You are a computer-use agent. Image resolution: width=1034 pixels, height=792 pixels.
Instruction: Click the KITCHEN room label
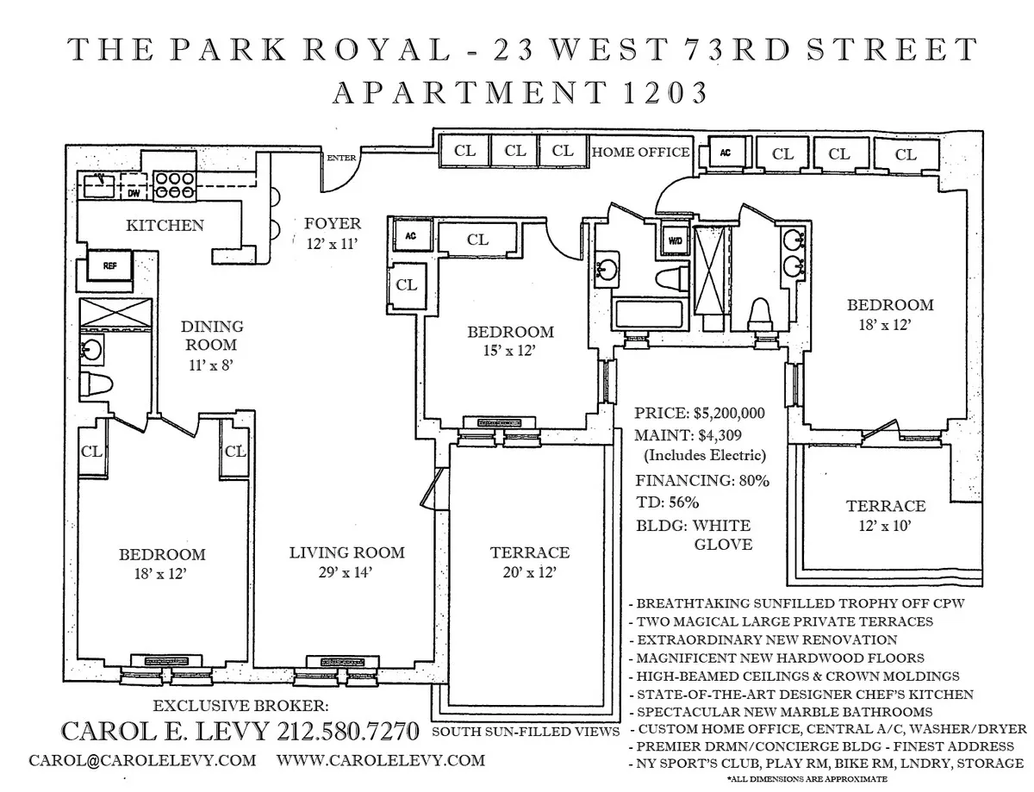pyautogui.click(x=165, y=226)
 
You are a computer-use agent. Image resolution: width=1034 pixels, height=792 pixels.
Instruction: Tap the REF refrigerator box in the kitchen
pyautogui.click(x=109, y=266)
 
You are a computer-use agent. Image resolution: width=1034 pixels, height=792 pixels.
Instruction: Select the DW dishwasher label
pyautogui.click(x=133, y=195)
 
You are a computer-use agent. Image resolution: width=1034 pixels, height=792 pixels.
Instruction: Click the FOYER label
pyautogui.click(x=333, y=224)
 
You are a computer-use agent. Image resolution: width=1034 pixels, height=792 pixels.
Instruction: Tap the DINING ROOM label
pyautogui.click(x=212, y=336)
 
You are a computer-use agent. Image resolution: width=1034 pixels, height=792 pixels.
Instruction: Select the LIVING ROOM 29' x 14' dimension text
pyautogui.click(x=346, y=571)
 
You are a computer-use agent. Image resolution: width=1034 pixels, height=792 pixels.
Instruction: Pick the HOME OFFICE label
pyautogui.click(x=640, y=153)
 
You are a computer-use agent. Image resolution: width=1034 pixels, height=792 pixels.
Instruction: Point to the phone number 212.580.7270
pyautogui.click(x=348, y=732)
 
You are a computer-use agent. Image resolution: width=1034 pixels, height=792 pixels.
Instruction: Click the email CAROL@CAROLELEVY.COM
pyautogui.click(x=142, y=761)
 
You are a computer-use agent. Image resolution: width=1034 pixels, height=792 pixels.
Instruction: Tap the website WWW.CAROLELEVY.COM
pyautogui.click(x=381, y=761)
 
